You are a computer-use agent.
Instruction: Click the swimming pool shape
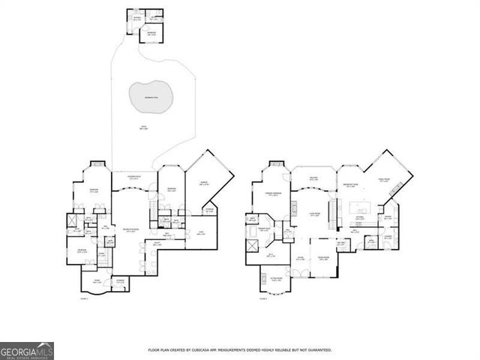[152, 97]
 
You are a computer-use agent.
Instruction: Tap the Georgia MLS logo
[26, 351]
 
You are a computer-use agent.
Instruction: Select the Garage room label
[202, 182]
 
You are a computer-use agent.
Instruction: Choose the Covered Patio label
[134, 177]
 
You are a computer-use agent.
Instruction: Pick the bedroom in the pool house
[151, 33]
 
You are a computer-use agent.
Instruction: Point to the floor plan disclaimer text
[240, 349]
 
